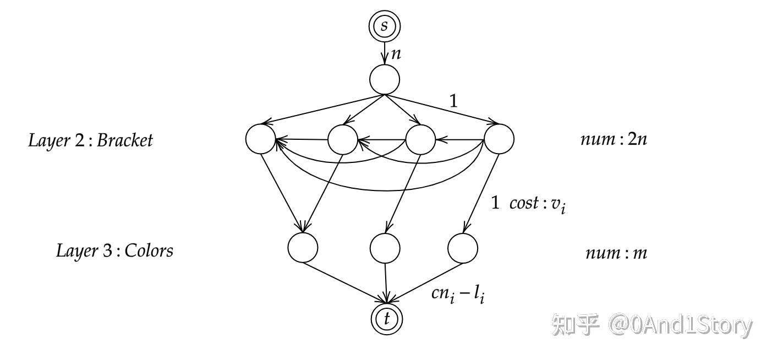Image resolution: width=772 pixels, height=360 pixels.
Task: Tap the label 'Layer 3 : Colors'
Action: pyautogui.click(x=114, y=250)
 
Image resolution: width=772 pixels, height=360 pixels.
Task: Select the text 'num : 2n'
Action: pyautogui.click(x=614, y=139)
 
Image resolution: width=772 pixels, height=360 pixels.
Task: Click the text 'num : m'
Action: pyautogui.click(x=617, y=253)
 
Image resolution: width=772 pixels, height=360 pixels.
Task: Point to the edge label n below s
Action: pyautogui.click(x=396, y=54)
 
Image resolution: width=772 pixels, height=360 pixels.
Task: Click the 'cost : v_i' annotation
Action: pyautogui.click(x=538, y=204)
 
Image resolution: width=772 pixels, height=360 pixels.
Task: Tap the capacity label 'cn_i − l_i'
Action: pyautogui.click(x=458, y=295)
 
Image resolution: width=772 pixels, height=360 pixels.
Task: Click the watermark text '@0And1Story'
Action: pyautogui.click(x=680, y=325)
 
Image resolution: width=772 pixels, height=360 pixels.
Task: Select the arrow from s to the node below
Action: pyautogui.click(x=385, y=53)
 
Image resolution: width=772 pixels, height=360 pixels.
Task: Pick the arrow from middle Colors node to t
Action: pyautogui.click(x=386, y=283)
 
